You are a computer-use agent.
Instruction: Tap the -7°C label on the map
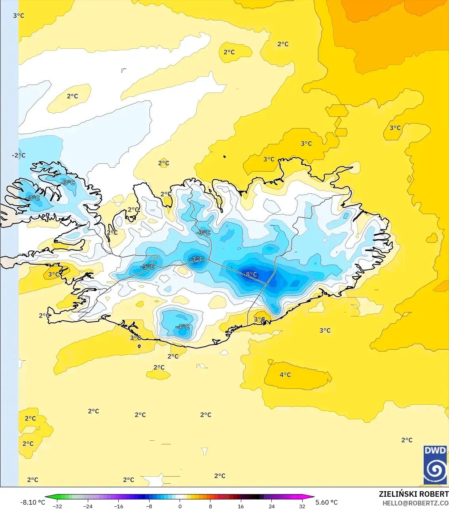197,259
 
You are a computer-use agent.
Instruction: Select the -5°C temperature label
147,267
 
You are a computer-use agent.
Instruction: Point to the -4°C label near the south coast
182,327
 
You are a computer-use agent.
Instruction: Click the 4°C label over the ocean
285,375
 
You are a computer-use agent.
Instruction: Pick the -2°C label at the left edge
18,155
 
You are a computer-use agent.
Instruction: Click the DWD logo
435,465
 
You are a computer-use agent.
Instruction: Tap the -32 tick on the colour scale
57,506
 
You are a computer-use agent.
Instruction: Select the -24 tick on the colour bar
88,506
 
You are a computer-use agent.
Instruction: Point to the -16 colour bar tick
118,506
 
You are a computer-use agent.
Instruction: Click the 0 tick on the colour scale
180,506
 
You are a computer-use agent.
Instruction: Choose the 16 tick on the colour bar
241,506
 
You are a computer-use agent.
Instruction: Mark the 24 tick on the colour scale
272,506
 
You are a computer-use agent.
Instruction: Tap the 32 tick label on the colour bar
302,506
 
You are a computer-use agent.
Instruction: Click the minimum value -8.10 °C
32,502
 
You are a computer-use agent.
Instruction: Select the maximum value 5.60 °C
327,502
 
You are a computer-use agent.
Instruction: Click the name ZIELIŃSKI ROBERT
413,494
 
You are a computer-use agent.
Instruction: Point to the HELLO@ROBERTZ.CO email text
415,503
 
